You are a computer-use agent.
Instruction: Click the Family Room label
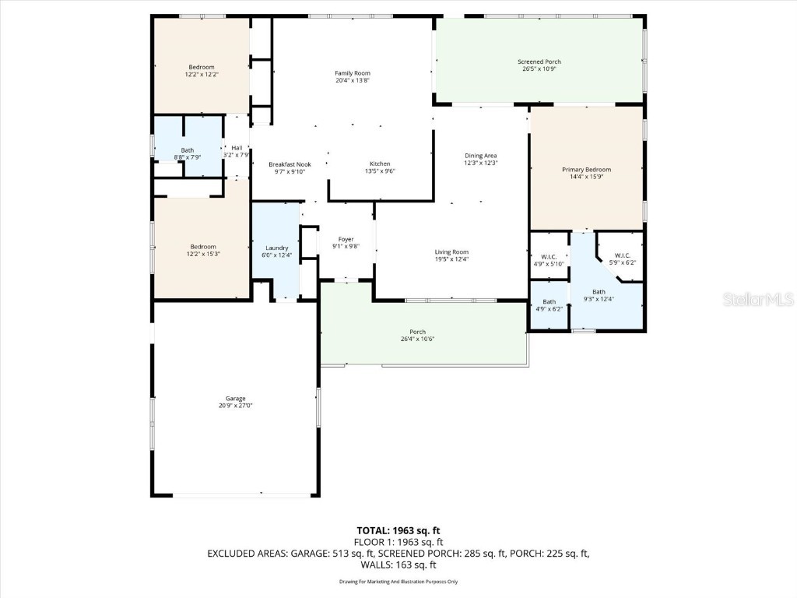(x=352, y=72)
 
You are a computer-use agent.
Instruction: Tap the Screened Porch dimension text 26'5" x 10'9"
(x=539, y=69)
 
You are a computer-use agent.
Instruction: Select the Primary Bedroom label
(x=586, y=169)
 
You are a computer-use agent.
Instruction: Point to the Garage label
(x=235, y=399)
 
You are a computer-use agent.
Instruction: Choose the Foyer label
(x=346, y=239)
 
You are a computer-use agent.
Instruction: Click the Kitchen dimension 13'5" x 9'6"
(x=380, y=171)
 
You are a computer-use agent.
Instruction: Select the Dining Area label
(x=480, y=156)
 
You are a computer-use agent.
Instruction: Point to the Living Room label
(x=451, y=252)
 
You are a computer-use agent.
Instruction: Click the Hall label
(x=236, y=148)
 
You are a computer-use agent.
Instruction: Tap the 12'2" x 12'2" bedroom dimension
(x=201, y=75)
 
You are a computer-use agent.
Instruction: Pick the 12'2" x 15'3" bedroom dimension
(x=203, y=254)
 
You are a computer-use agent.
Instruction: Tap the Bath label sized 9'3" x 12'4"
(x=599, y=291)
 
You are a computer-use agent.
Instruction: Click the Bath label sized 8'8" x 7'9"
(x=188, y=150)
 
